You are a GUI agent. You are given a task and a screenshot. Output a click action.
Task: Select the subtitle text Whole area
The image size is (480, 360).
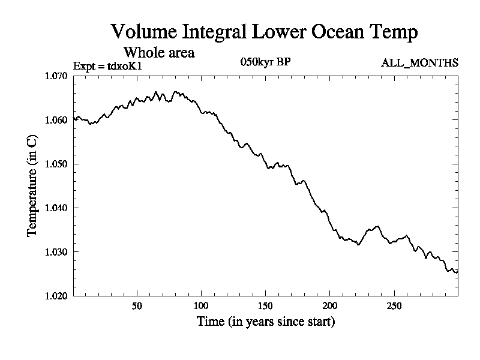pos(158,52)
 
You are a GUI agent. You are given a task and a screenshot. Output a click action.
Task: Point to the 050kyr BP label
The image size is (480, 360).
pos(265,62)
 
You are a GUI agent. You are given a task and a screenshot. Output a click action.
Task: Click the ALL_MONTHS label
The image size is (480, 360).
pos(420,62)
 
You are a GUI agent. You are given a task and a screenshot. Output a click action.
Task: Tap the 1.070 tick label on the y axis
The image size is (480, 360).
pos(57,76)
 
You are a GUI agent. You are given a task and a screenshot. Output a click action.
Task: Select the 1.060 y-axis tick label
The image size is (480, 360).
pos(57,120)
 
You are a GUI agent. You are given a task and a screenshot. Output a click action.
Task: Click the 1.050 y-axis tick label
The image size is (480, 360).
pos(57,164)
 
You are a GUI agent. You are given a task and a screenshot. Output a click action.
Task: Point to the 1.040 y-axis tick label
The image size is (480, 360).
pos(57,208)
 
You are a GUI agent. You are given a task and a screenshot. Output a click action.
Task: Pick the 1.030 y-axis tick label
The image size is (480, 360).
pos(57,252)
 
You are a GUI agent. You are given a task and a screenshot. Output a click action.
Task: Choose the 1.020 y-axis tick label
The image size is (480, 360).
pos(57,296)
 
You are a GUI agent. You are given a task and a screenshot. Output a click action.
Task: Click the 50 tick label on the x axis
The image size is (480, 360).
pos(137,305)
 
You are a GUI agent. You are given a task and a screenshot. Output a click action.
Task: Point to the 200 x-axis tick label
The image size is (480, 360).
pos(329,305)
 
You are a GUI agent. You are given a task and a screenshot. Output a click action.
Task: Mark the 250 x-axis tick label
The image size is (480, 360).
pos(394,305)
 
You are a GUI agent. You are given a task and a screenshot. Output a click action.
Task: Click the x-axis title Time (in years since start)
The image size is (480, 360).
pos(266,322)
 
